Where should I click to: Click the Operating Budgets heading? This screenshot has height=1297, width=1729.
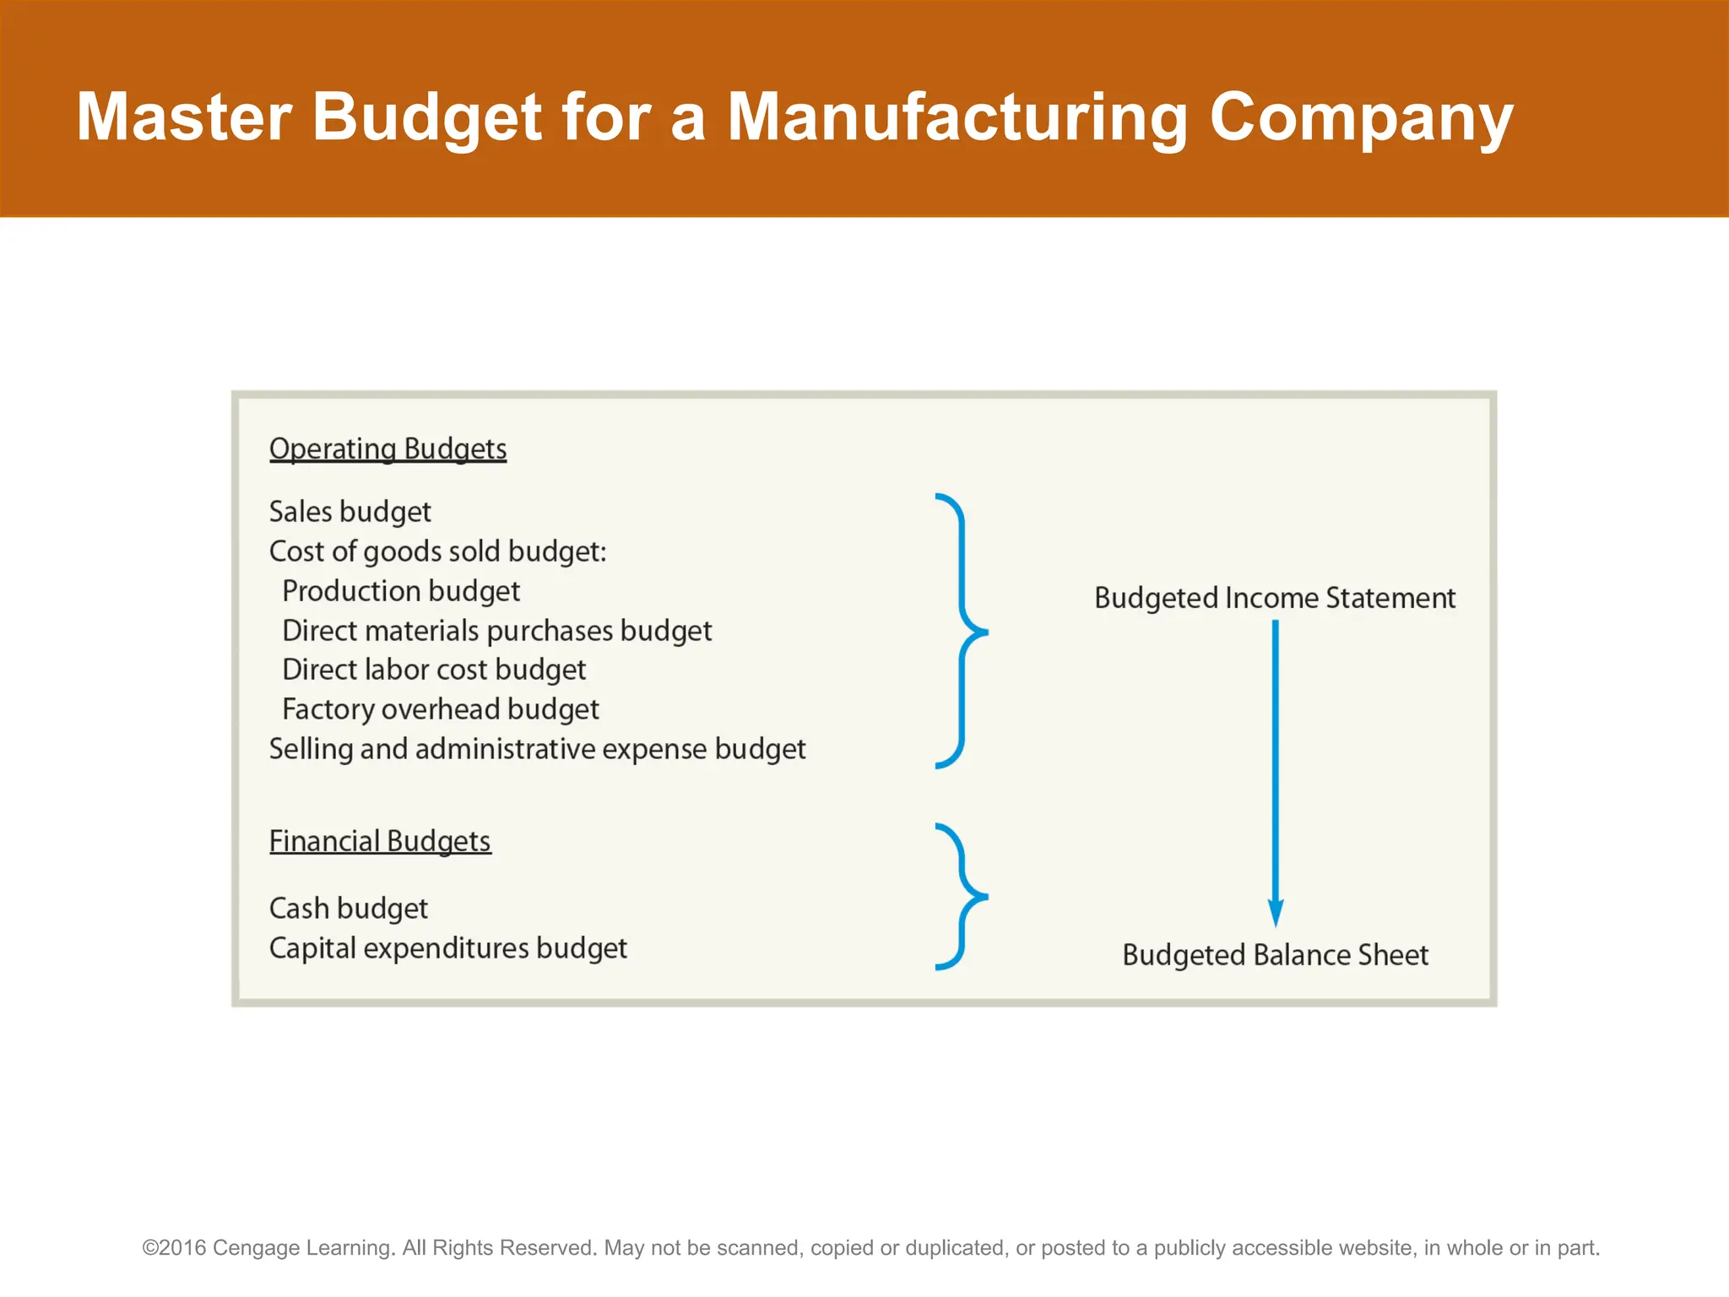pyautogui.click(x=388, y=448)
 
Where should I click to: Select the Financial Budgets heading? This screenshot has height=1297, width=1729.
pyautogui.click(x=380, y=841)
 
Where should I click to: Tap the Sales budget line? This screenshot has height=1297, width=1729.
pyautogui.click(x=350, y=512)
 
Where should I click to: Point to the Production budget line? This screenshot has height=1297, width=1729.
pyautogui.click(x=401, y=591)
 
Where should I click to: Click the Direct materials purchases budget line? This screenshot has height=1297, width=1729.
pyautogui.click(x=496, y=631)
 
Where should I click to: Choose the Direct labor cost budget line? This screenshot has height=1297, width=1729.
pyautogui.click(x=434, y=670)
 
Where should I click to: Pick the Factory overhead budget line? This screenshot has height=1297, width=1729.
pyautogui.click(x=440, y=709)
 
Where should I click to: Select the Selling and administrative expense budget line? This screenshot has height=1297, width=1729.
pyautogui.click(x=537, y=749)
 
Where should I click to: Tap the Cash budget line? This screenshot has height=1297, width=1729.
pyautogui.click(x=348, y=909)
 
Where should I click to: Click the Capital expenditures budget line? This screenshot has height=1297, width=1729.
pyautogui.click(x=447, y=948)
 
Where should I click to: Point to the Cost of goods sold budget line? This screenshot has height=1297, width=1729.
pyautogui.click(x=437, y=551)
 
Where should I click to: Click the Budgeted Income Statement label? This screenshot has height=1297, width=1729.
pyautogui.click(x=1275, y=598)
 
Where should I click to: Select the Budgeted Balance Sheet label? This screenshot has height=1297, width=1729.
pyautogui.click(x=1275, y=955)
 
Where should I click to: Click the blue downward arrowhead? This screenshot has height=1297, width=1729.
pyautogui.click(x=1276, y=914)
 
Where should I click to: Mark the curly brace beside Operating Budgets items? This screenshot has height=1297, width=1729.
pyautogui.click(x=962, y=631)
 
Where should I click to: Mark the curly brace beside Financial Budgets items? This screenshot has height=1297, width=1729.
pyautogui.click(x=962, y=897)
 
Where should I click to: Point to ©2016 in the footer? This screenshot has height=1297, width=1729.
pyautogui.click(x=174, y=1248)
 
